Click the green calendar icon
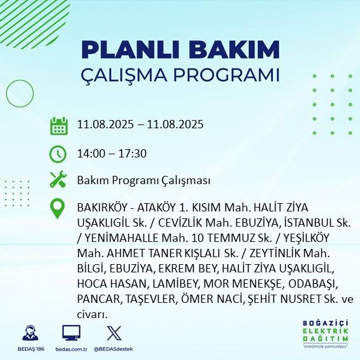point(58,125)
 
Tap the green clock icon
point(58,153)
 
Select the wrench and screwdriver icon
point(58,180)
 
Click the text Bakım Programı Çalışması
point(143,180)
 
